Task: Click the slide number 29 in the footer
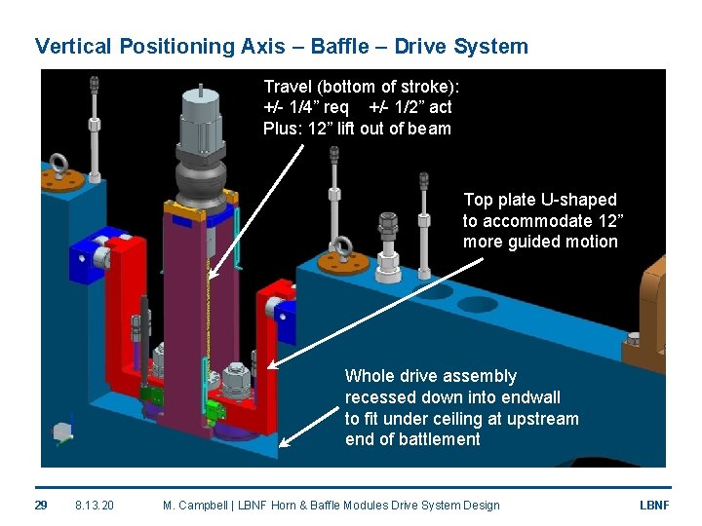click(41, 505)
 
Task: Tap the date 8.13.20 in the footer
click(94, 505)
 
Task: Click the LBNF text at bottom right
click(653, 505)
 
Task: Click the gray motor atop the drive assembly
click(202, 128)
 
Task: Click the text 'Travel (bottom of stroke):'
click(361, 86)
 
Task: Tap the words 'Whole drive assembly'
click(431, 376)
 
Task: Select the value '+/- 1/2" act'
click(410, 107)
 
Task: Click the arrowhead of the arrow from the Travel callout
click(213, 276)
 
